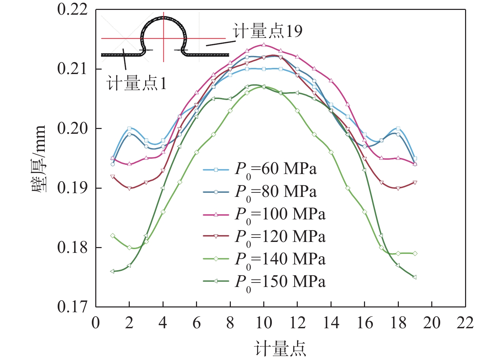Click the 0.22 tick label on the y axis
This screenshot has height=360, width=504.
tap(72, 9)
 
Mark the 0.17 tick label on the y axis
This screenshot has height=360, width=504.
tap(72, 307)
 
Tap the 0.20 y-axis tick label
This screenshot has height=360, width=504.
tap(72, 128)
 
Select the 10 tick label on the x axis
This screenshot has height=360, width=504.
tap(264, 323)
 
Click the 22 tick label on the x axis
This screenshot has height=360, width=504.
tap(465, 323)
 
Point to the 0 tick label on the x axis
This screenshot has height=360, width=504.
tap(96, 323)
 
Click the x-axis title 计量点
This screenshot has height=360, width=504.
tap(280, 349)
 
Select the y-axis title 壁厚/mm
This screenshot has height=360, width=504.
tap(38, 159)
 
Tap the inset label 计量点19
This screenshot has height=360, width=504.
tap(268, 31)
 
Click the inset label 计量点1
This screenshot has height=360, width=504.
tap(137, 83)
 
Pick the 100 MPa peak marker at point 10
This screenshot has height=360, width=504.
tap(264, 45)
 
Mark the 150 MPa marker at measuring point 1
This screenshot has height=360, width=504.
tap(112, 271)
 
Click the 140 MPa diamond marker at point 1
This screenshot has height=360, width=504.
tap(112, 236)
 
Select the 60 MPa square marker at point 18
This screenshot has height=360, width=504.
tap(398, 129)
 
